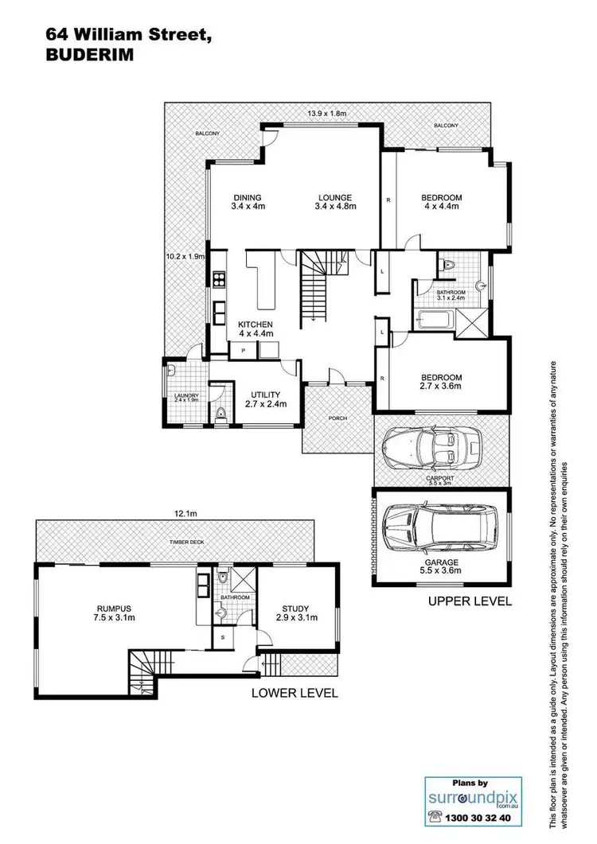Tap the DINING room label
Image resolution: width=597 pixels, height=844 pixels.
coord(248,201)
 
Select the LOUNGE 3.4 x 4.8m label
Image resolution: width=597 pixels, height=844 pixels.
coord(335,201)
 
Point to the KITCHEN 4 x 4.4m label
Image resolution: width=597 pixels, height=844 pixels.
coord(256,329)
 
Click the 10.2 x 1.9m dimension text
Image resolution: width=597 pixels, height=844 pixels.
coord(185,257)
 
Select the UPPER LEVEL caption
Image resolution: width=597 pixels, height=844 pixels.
coord(470,601)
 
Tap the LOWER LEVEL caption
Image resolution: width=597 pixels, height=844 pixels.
coord(295,693)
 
